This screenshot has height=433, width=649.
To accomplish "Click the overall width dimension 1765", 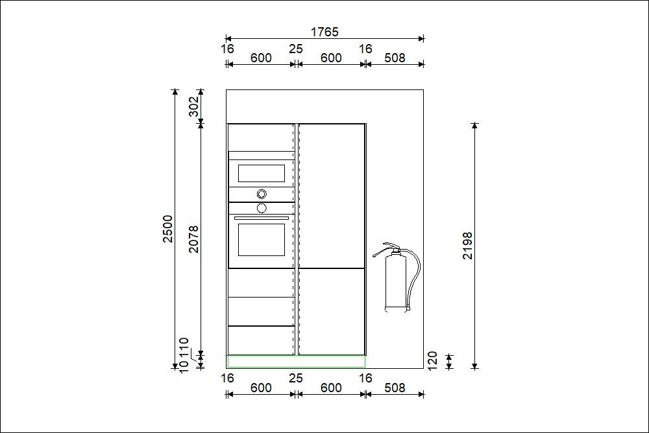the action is point(324,32).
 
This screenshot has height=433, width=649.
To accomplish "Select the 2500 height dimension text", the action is point(167,229).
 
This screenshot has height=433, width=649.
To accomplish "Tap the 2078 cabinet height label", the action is point(193,239).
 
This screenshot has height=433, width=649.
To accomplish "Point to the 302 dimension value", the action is point(193,106).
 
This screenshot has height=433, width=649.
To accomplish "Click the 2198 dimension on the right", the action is point(467,246).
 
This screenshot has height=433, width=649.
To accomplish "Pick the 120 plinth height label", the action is point(432,361).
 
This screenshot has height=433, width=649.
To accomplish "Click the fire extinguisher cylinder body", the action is point(396,282).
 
